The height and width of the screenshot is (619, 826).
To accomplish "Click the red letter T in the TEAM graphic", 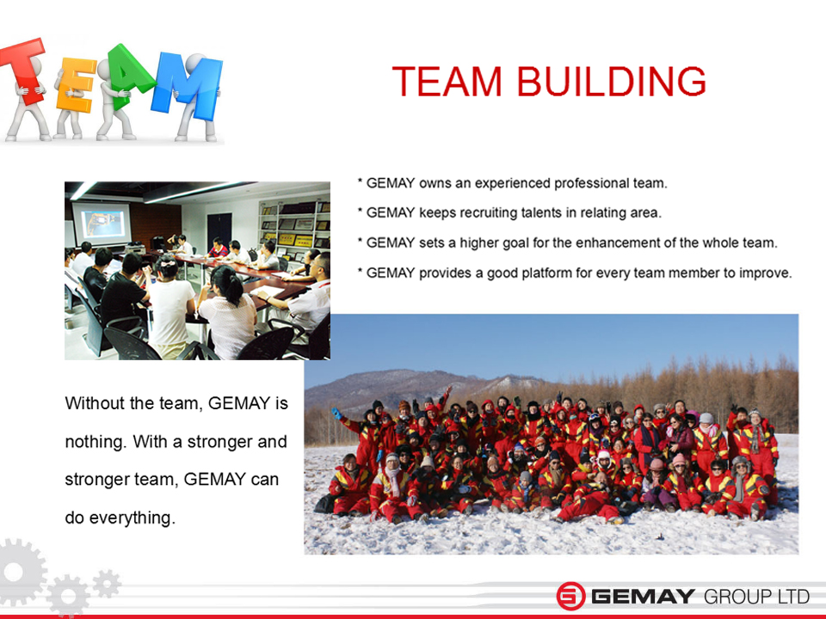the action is point(25,69).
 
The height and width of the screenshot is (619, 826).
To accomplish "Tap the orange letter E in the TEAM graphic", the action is point(76,84).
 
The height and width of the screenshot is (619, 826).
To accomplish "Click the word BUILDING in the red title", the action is point(611,82).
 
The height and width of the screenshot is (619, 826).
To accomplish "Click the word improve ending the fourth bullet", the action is point(765,273).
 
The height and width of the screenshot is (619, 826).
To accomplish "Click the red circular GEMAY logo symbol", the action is point(571,597).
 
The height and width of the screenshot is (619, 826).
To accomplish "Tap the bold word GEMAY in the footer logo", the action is point(644,597).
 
